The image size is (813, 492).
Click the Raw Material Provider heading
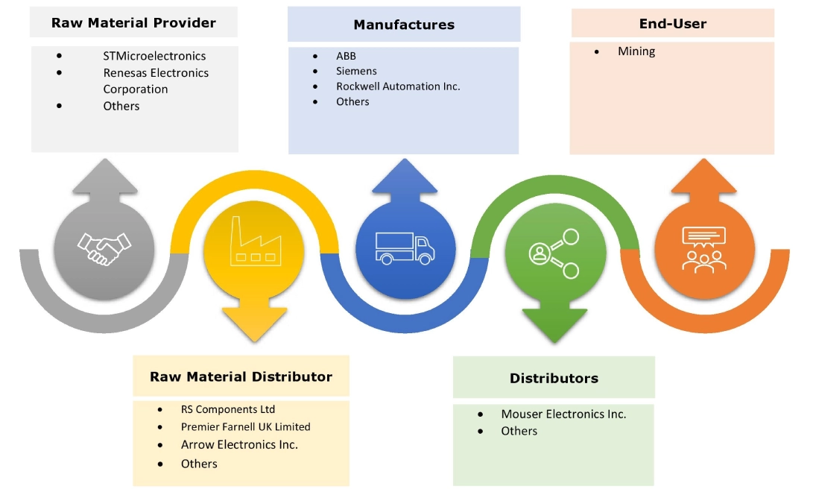(133, 23)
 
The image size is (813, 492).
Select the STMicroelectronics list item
(154, 56)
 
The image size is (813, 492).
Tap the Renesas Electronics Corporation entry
(156, 81)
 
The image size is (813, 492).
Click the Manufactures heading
(404, 25)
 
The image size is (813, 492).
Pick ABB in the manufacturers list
(346, 56)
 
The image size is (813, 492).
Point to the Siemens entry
(356, 71)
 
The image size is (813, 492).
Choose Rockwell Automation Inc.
(398, 86)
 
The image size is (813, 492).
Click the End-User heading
(673, 24)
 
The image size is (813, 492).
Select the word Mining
(636, 51)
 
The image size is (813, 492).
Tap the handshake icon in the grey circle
(104, 247)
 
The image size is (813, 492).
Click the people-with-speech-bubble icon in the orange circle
(703, 248)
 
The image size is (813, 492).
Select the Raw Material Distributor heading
(241, 376)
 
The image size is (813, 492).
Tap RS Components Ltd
(228, 409)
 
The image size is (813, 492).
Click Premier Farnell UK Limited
(245, 427)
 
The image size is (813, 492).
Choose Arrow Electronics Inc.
(239, 444)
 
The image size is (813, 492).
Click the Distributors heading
(554, 378)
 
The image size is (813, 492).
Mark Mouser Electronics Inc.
(563, 414)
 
